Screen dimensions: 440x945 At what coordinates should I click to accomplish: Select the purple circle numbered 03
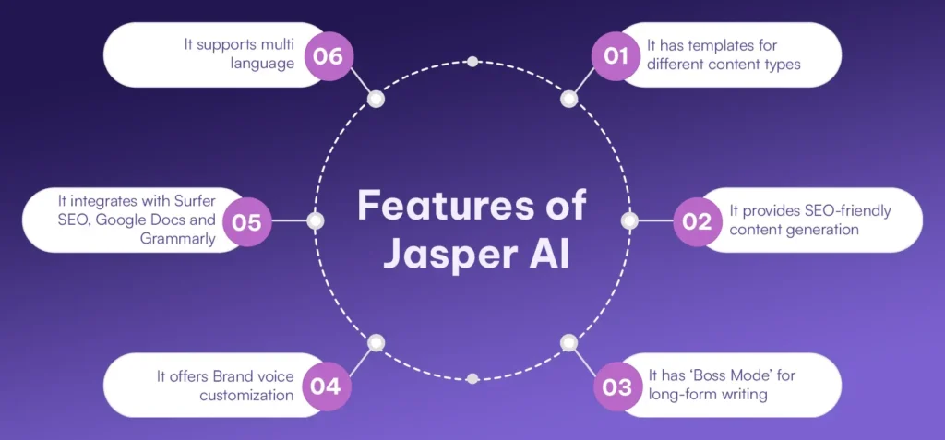[616, 385]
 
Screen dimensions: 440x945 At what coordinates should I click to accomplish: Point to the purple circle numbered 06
[329, 55]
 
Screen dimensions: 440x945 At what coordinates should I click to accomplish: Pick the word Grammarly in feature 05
[184, 237]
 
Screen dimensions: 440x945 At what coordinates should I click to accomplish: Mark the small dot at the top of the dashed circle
[472, 62]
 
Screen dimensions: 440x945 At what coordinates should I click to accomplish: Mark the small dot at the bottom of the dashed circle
[472, 378]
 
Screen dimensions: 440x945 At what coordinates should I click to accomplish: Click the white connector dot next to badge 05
[315, 220]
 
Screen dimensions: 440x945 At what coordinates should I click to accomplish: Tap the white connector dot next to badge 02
[629, 220]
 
